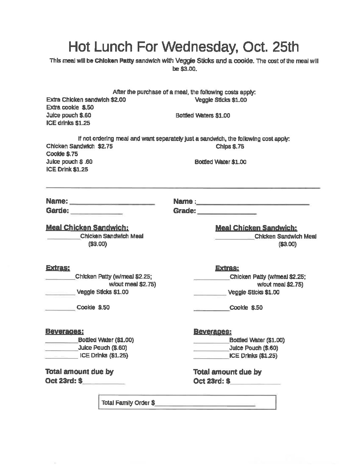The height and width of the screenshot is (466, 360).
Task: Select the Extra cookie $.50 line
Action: (70, 108)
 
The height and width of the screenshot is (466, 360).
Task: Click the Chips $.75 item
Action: (230, 146)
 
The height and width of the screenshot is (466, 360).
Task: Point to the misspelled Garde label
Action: (57, 211)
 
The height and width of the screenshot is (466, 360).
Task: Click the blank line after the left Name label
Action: (112, 203)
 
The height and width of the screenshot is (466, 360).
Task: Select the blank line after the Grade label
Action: (227, 212)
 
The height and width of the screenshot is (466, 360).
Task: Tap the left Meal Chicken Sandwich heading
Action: (87, 228)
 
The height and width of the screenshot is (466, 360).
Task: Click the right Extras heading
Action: (227, 268)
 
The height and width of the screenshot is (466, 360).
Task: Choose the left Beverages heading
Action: (64, 331)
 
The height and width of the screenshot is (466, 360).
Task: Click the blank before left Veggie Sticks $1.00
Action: (60, 294)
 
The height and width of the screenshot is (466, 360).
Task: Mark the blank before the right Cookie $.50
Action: (211, 309)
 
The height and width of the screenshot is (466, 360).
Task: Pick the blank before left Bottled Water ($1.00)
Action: (62, 341)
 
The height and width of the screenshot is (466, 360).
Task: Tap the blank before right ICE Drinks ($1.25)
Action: (211, 357)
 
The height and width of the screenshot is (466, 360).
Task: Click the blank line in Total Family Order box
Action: (205, 404)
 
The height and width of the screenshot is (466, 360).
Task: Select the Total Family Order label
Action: (128, 403)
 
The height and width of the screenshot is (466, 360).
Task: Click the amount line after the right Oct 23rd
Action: (255, 383)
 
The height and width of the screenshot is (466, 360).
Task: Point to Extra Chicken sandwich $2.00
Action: (86, 100)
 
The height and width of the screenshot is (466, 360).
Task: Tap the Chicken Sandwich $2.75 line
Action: (79, 146)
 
